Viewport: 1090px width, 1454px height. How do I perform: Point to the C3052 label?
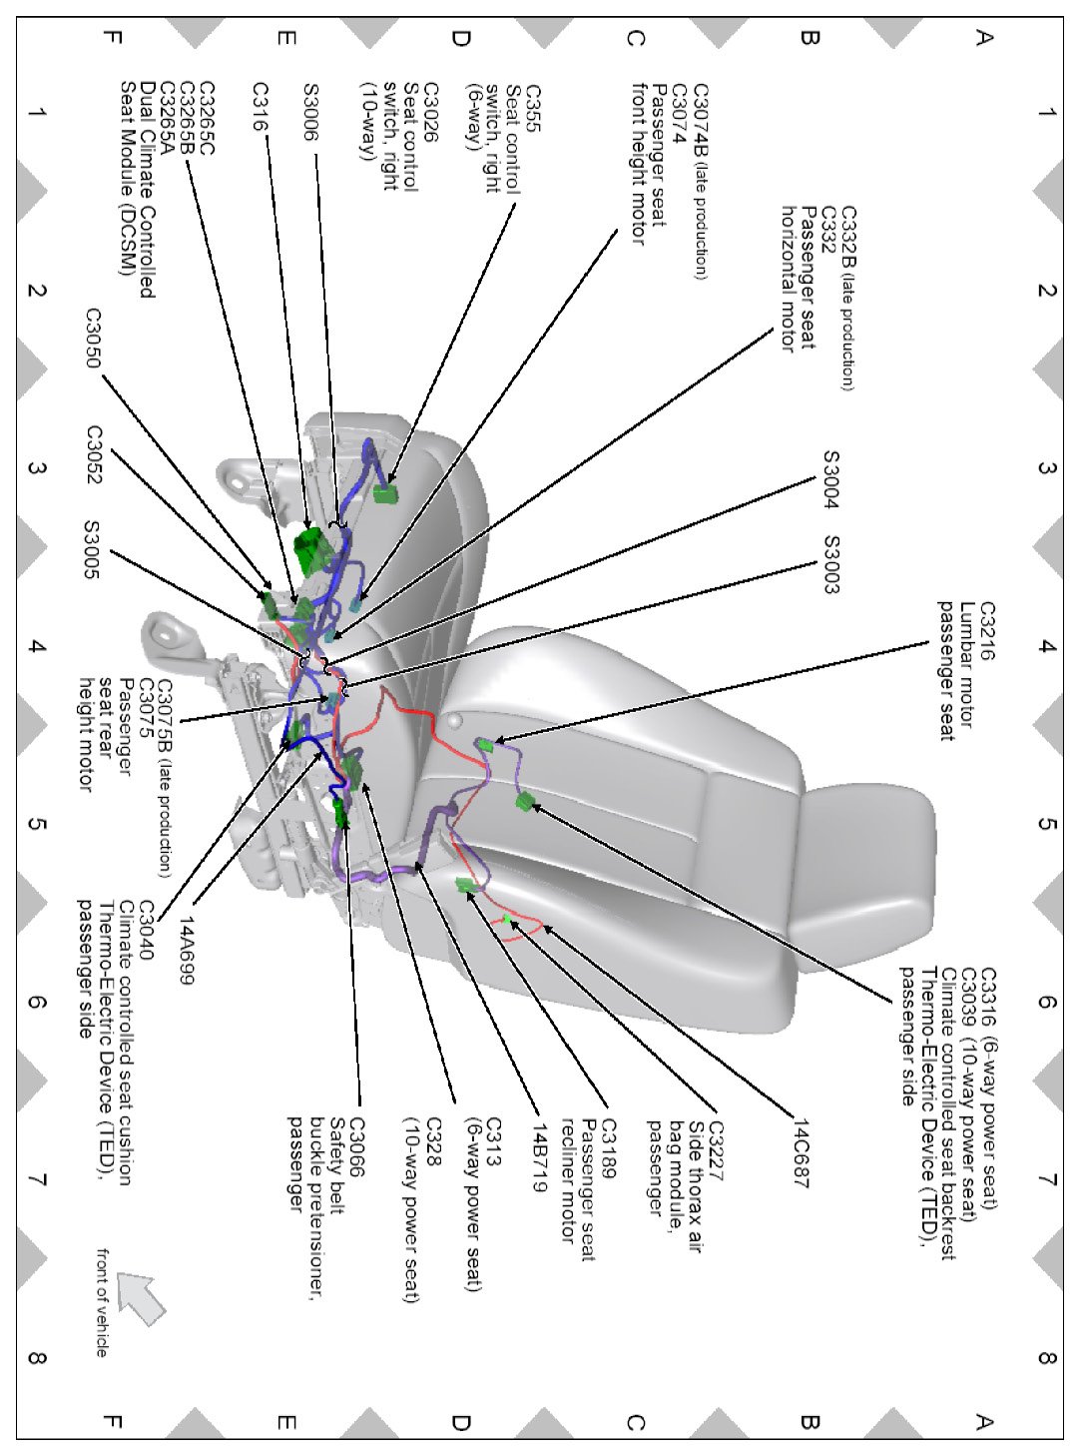94,455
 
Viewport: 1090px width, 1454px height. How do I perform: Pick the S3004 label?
830,479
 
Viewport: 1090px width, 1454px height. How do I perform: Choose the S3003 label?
830,564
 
